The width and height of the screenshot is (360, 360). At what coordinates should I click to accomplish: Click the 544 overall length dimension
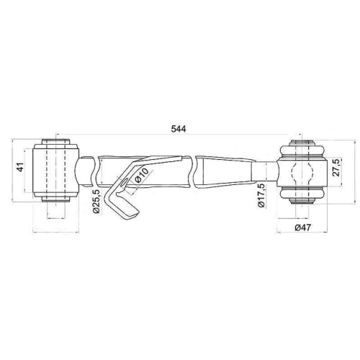point(179,129)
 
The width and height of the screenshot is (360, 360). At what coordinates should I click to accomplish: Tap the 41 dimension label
point(21,167)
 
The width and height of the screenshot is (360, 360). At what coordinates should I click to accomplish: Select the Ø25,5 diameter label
point(96,201)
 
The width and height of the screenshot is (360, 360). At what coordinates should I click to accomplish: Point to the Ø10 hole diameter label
point(142,175)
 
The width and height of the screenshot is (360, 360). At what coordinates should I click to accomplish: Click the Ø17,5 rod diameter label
point(261,195)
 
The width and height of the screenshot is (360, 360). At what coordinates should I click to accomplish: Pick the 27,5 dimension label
point(337,167)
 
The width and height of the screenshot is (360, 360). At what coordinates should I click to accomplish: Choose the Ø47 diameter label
point(302,227)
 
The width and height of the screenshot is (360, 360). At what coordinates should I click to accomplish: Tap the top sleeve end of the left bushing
point(56,141)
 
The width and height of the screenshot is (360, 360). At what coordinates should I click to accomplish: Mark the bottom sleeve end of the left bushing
point(56,199)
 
